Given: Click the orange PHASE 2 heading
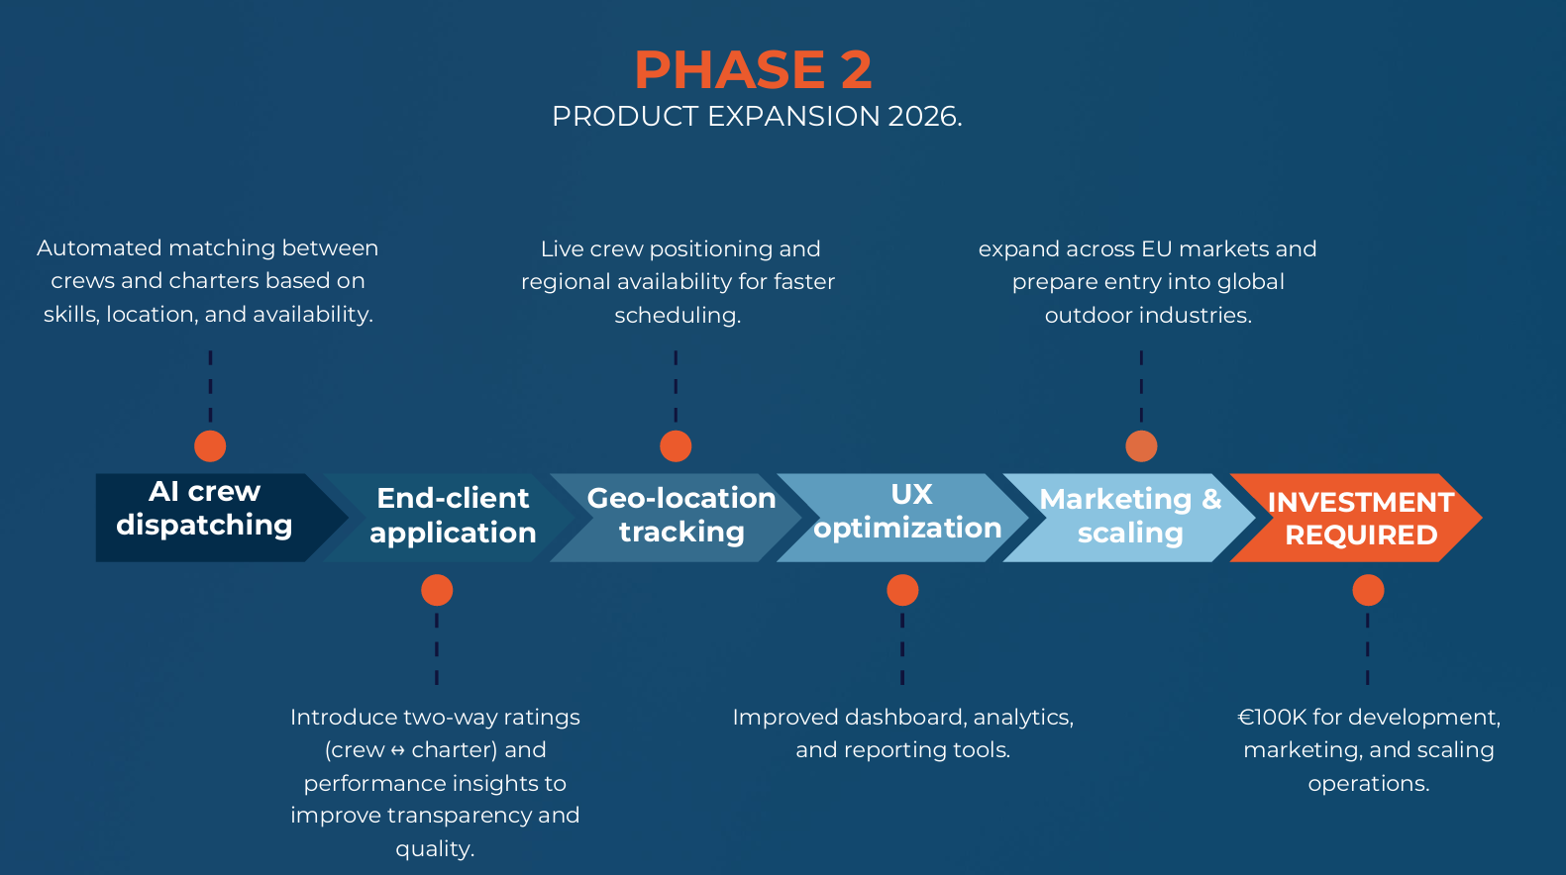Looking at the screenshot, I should click(x=753, y=70).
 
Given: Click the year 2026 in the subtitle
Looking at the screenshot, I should click(x=922, y=117).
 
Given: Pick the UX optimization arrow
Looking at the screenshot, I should click(x=907, y=517).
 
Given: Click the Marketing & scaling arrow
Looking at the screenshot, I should click(x=1130, y=517).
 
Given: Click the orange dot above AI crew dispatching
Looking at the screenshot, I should click(x=210, y=446).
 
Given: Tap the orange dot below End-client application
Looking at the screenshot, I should click(x=437, y=591).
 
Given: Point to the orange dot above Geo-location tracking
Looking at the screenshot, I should click(x=676, y=446).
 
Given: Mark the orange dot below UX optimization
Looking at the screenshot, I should click(x=902, y=591).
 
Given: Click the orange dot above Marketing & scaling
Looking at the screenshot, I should click(x=1141, y=446).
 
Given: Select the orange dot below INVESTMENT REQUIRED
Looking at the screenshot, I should click(x=1368, y=591).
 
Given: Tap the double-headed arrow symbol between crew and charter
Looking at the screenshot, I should click(x=398, y=751).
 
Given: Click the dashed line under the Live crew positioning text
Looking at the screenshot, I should click(x=676, y=386).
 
